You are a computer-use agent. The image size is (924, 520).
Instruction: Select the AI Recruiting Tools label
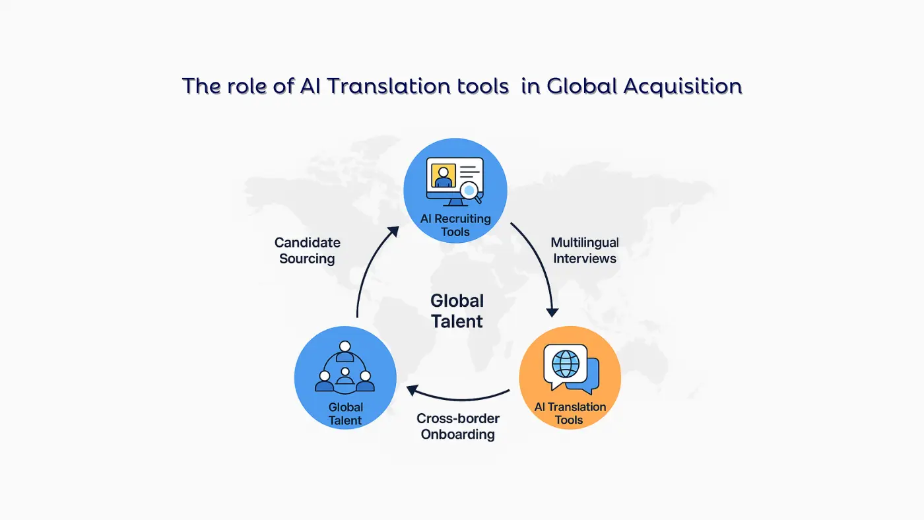click(x=455, y=225)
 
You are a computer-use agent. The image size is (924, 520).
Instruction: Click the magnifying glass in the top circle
click(x=471, y=191)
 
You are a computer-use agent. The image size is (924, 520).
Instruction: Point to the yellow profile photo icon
click(x=443, y=175)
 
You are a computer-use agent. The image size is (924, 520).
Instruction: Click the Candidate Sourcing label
click(x=307, y=251)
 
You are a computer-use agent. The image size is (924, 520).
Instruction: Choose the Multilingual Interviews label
click(x=585, y=251)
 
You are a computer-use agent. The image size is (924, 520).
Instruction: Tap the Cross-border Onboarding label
click(x=458, y=426)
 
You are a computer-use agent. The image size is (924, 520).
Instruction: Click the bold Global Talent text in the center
click(x=457, y=311)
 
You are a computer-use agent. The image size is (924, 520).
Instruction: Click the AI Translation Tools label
click(x=570, y=413)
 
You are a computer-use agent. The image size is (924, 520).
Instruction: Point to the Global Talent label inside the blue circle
click(x=345, y=414)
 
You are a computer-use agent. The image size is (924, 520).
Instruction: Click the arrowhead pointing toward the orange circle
click(x=552, y=311)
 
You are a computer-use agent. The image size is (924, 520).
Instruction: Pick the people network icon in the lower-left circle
click(x=345, y=368)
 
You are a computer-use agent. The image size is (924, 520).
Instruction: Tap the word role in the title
click(x=236, y=86)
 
